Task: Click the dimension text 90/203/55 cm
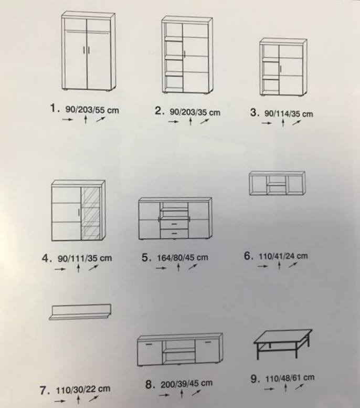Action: coord(92,110)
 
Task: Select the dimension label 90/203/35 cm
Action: coord(195,112)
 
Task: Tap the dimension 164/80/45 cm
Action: coord(183,258)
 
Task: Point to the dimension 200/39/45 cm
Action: coord(186,384)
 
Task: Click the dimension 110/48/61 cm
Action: coord(290,378)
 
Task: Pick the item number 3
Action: coord(255,112)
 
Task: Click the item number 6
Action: coord(248,256)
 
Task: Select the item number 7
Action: coord(44,390)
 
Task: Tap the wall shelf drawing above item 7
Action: coord(80,312)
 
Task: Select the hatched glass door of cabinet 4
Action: coord(90,213)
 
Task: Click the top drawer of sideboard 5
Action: coord(174,224)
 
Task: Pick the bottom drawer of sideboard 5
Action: coord(174,233)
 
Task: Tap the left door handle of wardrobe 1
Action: coord(84,50)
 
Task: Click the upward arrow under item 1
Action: coord(86,120)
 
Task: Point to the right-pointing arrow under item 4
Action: coord(60,269)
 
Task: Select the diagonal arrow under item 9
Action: coord(300,387)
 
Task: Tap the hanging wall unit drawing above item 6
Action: coord(277,183)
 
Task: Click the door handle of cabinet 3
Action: coord(281,69)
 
